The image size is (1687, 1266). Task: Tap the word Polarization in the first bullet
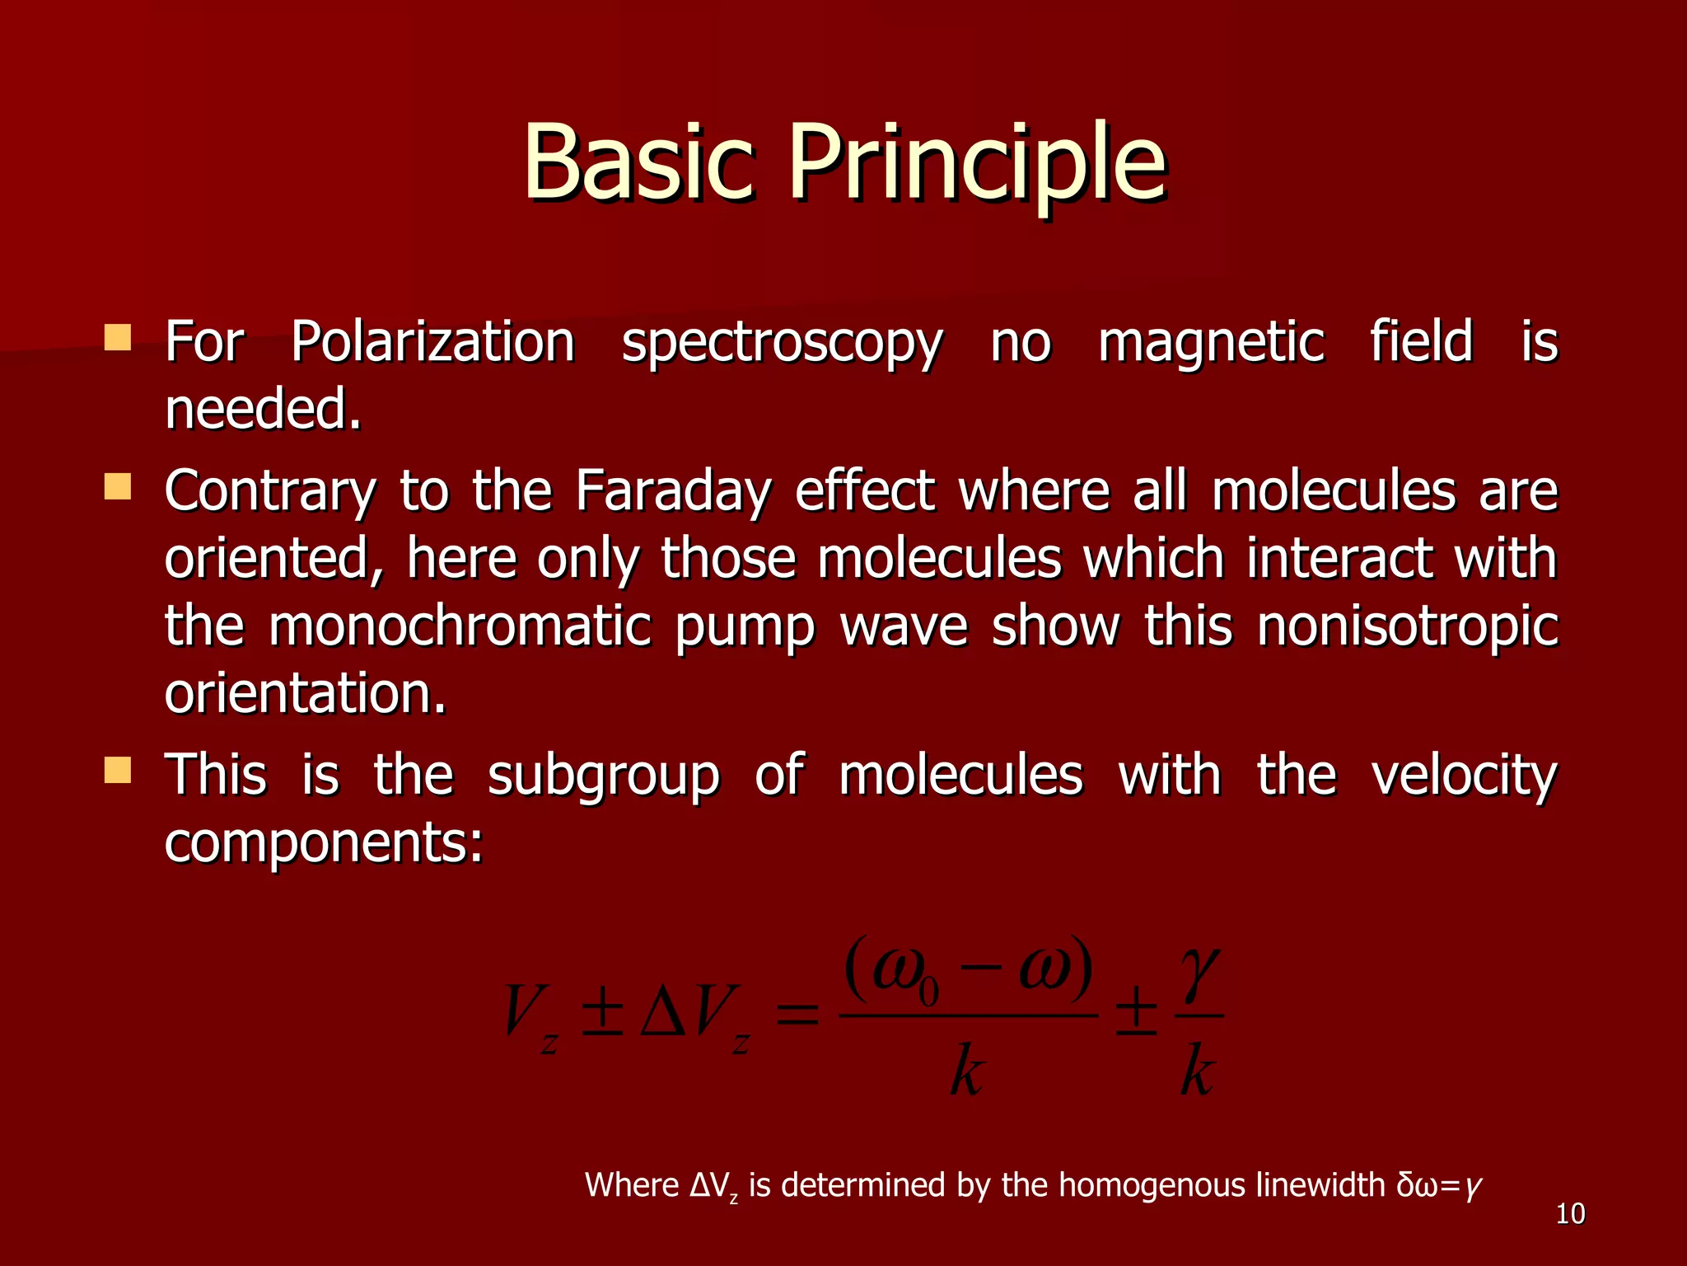tap(432, 342)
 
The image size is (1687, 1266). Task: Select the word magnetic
tap(1211, 342)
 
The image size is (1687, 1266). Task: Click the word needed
tap(262, 410)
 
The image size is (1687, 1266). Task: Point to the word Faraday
tap(673, 491)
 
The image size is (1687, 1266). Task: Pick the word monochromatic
tap(460, 626)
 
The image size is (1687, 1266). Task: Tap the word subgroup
tap(603, 776)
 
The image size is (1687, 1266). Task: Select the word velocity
tap(1464, 776)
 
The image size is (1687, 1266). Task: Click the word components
tap(323, 843)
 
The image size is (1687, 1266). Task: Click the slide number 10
tap(1570, 1214)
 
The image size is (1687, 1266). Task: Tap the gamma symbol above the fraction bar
tap(1199, 973)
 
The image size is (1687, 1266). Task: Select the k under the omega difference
tap(966, 1071)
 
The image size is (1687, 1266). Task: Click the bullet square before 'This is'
tap(118, 771)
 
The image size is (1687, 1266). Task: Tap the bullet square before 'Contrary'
tap(118, 486)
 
